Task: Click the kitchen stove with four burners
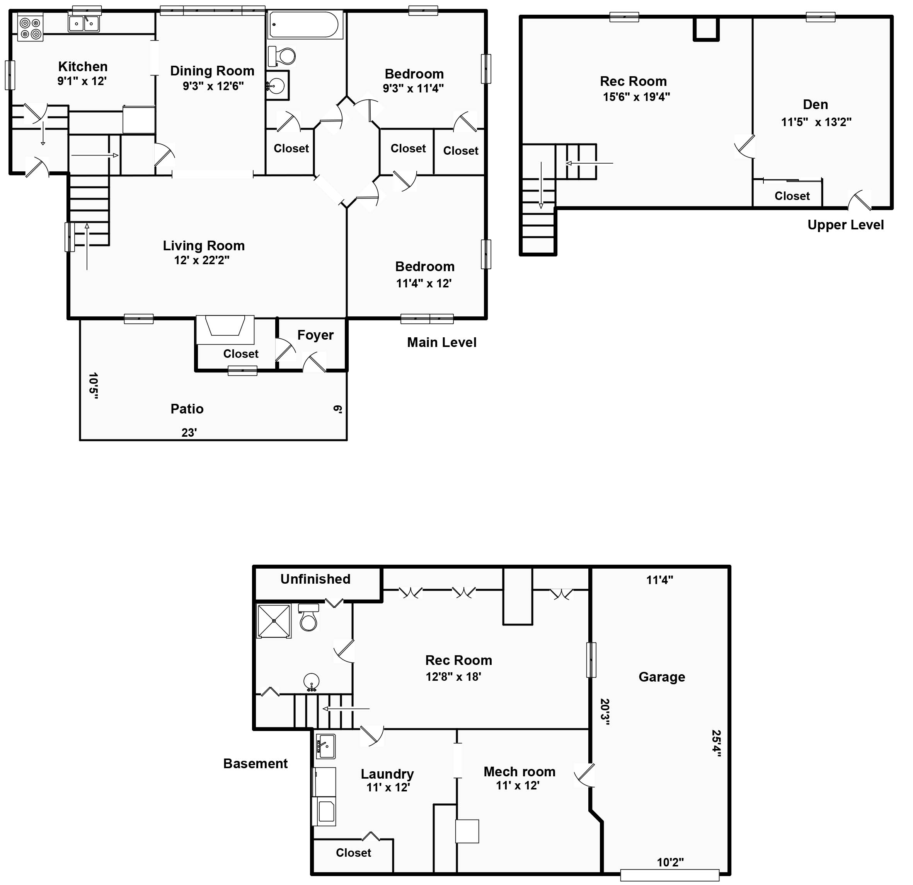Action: (x=30, y=28)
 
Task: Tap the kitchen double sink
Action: (x=84, y=23)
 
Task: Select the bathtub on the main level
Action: (x=305, y=25)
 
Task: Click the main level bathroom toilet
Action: (x=282, y=56)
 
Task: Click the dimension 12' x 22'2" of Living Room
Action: (x=202, y=261)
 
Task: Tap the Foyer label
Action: (x=315, y=335)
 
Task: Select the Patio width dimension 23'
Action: (x=189, y=433)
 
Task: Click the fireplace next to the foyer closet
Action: (x=225, y=330)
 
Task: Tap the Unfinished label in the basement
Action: (x=315, y=579)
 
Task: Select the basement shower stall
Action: (x=274, y=621)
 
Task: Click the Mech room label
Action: (x=520, y=772)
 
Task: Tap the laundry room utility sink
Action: (x=325, y=746)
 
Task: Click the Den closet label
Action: (x=792, y=196)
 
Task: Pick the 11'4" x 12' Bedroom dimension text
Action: (x=424, y=284)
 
